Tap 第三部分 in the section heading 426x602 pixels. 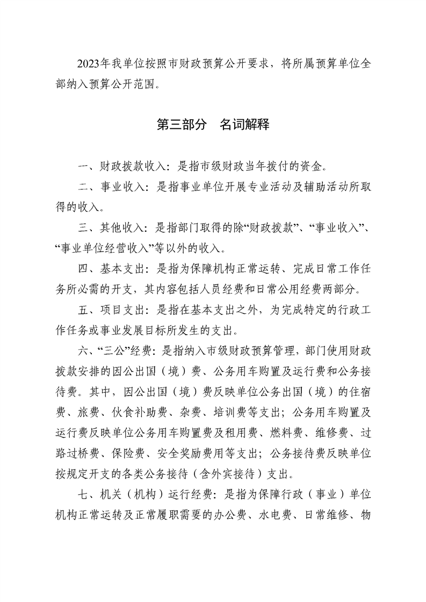click(181, 125)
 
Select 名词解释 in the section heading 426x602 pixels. click(244, 125)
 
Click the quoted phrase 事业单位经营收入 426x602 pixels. click(109, 248)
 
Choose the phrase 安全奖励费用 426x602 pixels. click(175, 452)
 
